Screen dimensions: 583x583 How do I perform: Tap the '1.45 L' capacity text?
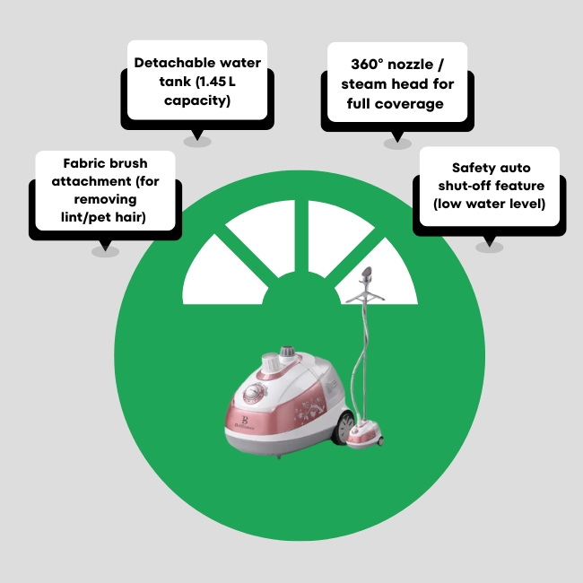tap(213, 82)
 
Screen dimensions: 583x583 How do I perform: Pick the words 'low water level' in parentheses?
tap(489, 203)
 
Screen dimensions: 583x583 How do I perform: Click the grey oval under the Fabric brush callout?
tap(105, 251)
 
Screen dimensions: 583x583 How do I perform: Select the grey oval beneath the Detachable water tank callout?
tap(197, 141)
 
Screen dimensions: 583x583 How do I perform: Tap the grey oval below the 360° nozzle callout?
tap(396, 142)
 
